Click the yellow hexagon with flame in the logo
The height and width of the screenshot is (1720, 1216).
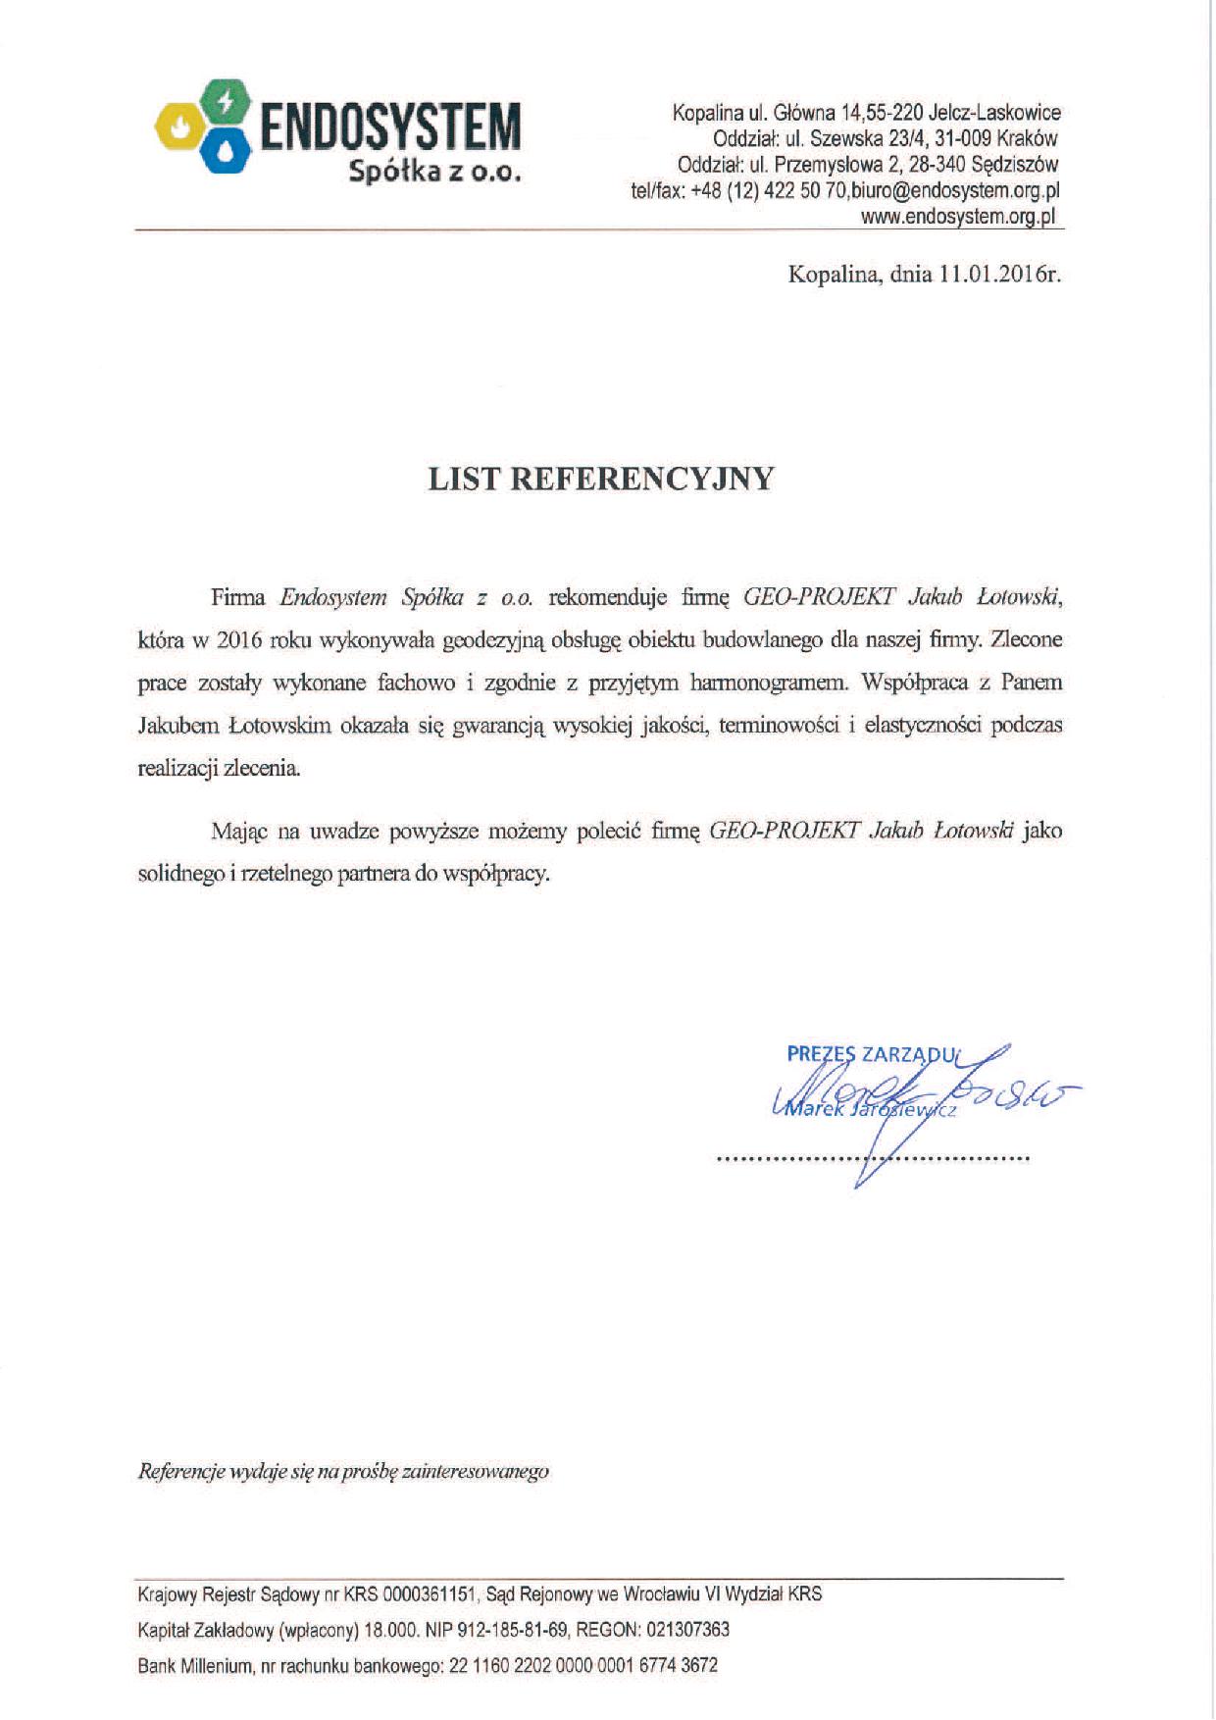tap(179, 125)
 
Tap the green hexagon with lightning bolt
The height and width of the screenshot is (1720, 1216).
tap(226, 101)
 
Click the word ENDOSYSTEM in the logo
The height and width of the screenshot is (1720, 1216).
tap(388, 126)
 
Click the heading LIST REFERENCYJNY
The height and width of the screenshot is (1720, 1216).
tap(601, 479)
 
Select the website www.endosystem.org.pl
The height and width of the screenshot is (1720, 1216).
tap(958, 217)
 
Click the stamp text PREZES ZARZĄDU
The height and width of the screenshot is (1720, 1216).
tap(871, 1054)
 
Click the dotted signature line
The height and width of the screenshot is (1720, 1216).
tap(873, 1159)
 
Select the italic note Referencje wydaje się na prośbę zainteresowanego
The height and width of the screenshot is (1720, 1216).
tap(343, 1471)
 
